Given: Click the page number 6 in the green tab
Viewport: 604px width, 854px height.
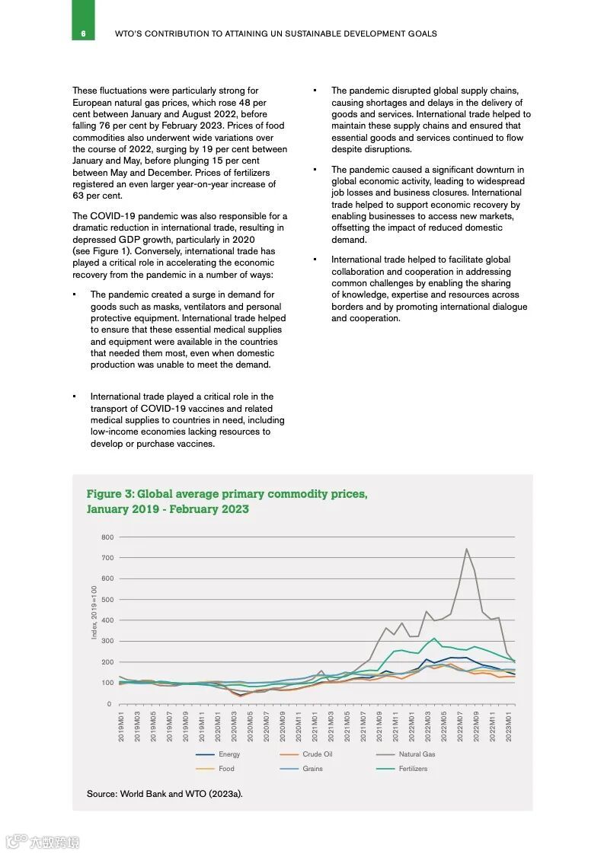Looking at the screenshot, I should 83,33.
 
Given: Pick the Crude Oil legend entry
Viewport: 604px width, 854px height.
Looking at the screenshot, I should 317,754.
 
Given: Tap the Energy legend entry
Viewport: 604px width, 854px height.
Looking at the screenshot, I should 228,754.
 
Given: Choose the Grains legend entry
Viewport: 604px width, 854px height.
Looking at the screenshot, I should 312,769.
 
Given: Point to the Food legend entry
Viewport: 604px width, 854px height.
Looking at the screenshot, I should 226,769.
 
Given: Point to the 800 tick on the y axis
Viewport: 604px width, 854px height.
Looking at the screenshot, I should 107,537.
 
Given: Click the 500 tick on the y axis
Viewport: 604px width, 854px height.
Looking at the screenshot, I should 107,600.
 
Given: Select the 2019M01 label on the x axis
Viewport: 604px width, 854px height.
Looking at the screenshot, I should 121,726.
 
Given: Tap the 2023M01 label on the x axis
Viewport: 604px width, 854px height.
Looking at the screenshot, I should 508,726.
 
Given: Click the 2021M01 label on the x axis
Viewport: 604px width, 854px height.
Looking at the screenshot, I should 315,726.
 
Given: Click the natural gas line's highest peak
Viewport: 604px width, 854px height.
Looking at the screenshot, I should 466,549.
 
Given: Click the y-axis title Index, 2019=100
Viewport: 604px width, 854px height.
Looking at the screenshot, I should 94,612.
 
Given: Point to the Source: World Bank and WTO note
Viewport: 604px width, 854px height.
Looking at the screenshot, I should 165,794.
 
